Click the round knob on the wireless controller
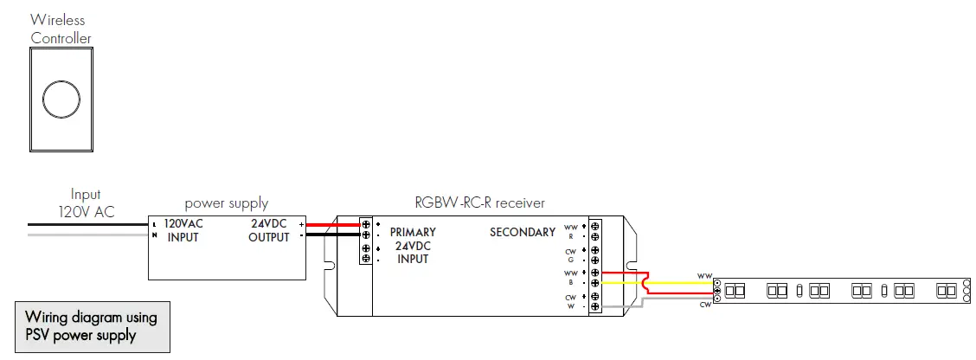point(61,100)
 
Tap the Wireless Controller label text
point(61,28)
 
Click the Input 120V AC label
point(86,203)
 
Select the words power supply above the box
point(227,203)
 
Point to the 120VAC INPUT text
point(183,229)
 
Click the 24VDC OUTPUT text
point(268,229)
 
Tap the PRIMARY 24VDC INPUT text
point(413,245)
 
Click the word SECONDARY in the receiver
point(523,232)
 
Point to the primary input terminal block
point(366,241)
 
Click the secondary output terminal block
point(594,265)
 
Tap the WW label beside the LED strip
point(704,276)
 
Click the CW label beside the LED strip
point(704,305)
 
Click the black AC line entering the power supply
point(87,224)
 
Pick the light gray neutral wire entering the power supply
point(87,235)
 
